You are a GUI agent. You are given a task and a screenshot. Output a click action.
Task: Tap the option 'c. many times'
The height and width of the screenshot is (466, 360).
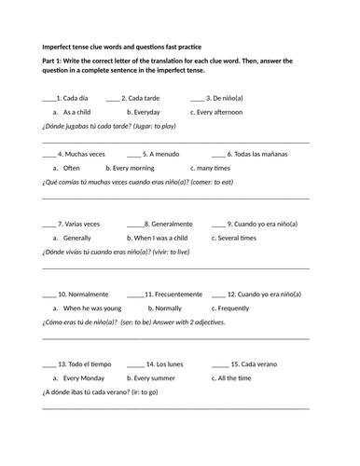pos(211,168)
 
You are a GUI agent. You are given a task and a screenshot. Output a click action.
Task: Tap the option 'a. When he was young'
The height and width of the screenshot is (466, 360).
pos(87,308)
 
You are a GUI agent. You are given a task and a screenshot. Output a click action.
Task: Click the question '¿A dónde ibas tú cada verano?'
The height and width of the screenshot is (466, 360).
pos(84,392)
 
